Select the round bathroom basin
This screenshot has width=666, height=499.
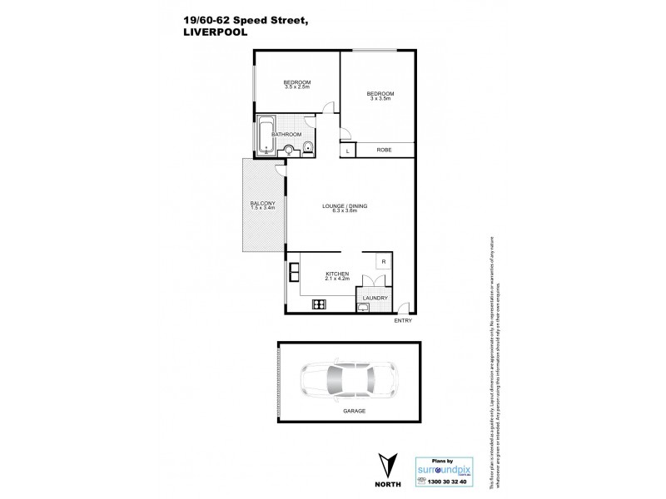(288, 150)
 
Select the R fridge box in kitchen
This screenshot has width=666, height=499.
(383, 262)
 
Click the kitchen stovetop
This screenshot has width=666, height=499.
(319, 304)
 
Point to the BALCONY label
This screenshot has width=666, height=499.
(256, 204)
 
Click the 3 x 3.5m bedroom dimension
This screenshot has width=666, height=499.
(380, 98)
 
